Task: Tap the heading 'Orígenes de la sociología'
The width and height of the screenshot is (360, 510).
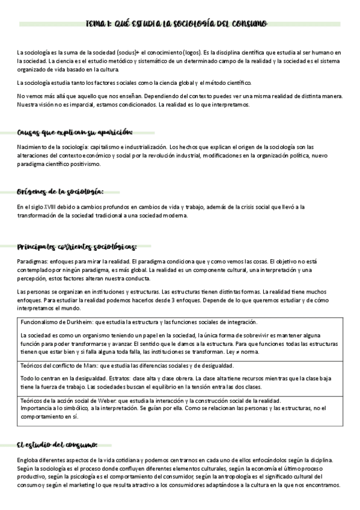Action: (x=60, y=192)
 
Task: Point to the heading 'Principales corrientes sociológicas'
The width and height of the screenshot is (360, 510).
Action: (x=77, y=247)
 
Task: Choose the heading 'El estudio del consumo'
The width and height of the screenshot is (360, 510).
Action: (x=57, y=445)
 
